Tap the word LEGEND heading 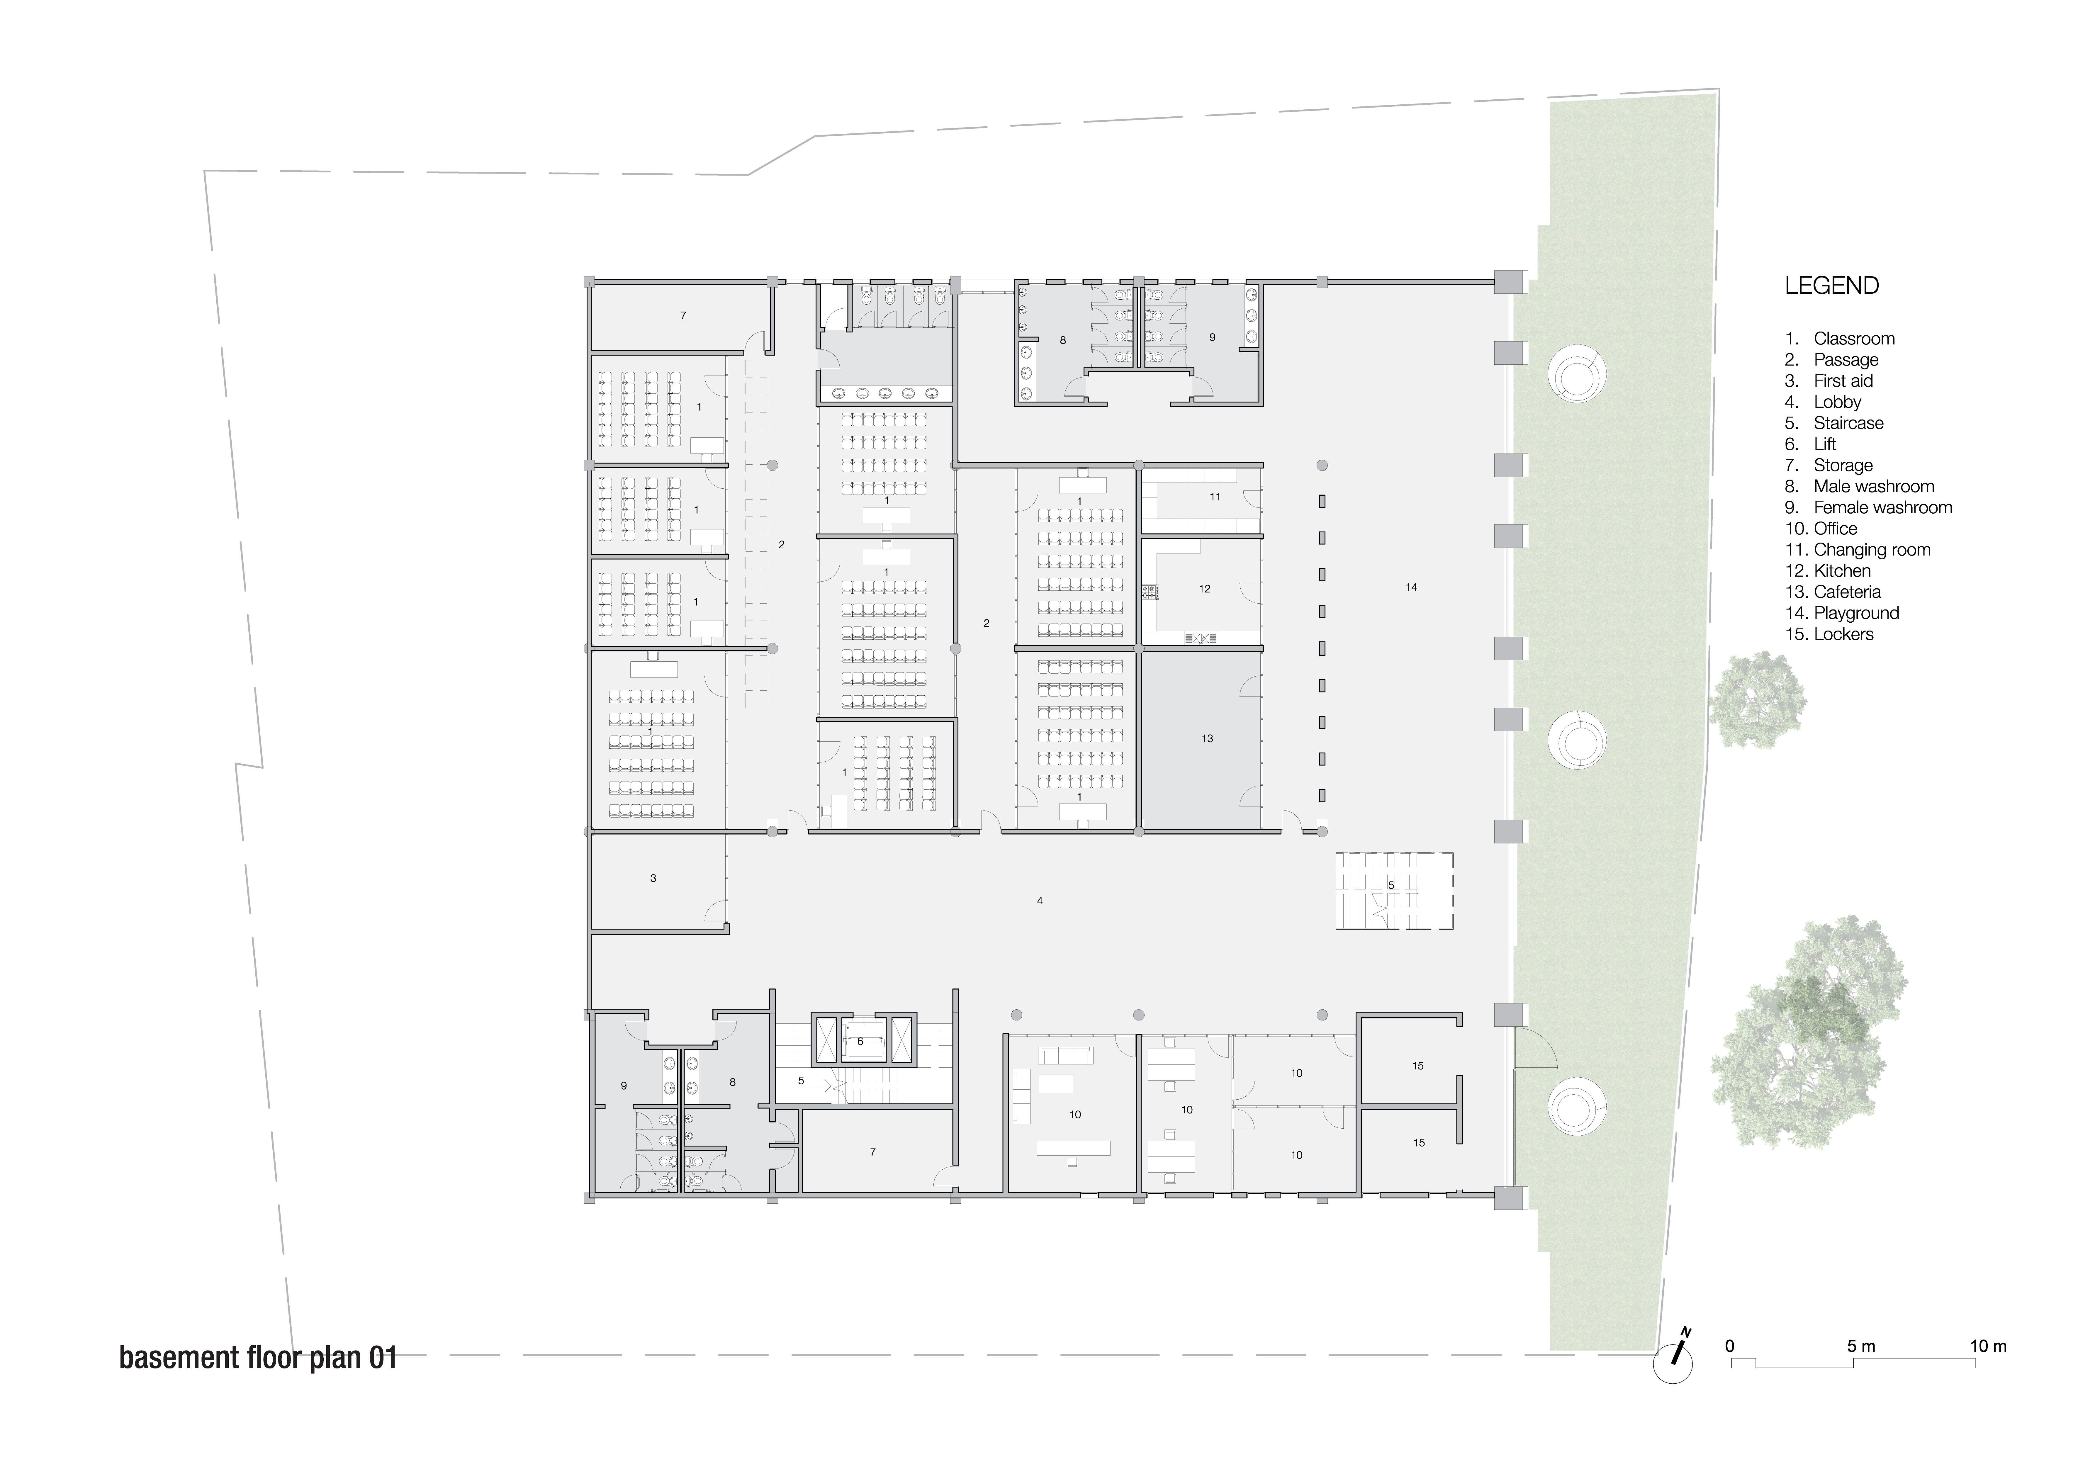(x=1831, y=286)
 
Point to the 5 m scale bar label (x=1861, y=1346)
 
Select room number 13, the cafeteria (x=1207, y=738)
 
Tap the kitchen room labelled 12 (x=1204, y=589)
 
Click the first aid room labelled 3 (x=653, y=878)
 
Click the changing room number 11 (x=1215, y=496)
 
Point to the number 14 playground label (x=1411, y=587)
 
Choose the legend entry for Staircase (x=1834, y=422)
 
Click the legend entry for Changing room (x=1858, y=549)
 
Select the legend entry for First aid (x=1829, y=381)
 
